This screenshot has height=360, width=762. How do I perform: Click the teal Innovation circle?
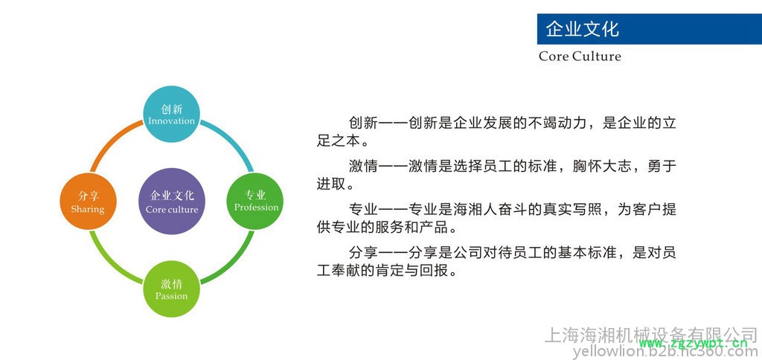pyautogui.click(x=172, y=114)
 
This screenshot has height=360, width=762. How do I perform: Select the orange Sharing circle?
pyautogui.click(x=88, y=201)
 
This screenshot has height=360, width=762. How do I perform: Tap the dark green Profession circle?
pyautogui.click(x=255, y=201)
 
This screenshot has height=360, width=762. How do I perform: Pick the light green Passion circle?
pyautogui.click(x=172, y=289)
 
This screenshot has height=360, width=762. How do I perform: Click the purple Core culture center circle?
pyautogui.click(x=172, y=202)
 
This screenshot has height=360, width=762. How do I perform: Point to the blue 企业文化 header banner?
pyautogui.click(x=649, y=29)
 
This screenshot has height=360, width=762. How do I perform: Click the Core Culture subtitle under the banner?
pyautogui.click(x=580, y=57)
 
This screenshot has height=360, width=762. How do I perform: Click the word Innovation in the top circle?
pyautogui.click(x=172, y=121)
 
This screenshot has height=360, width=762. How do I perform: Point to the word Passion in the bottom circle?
pyautogui.click(x=172, y=296)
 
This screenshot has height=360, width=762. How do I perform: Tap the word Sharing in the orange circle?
pyautogui.click(x=88, y=210)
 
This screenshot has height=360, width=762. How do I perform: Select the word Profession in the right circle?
pyautogui.click(x=256, y=208)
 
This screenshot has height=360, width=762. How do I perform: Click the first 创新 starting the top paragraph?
pyautogui.click(x=363, y=123)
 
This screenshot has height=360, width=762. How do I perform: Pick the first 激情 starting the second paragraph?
pyautogui.click(x=363, y=167)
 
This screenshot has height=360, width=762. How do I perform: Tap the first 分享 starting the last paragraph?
pyautogui.click(x=363, y=253)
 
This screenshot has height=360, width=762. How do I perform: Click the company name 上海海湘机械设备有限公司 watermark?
pyautogui.click(x=651, y=335)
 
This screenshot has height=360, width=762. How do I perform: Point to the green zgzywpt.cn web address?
pyautogui.click(x=693, y=344)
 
